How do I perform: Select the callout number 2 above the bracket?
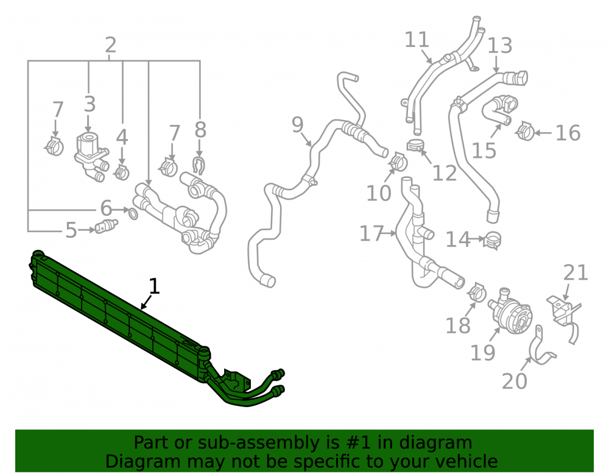(x=111, y=45)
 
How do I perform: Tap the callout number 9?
(x=297, y=125)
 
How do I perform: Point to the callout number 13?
(x=500, y=46)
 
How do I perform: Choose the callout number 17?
(x=371, y=233)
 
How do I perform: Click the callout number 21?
(x=576, y=272)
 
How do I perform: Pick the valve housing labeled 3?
(x=91, y=156)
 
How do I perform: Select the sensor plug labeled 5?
(x=106, y=226)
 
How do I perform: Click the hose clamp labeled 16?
(x=525, y=131)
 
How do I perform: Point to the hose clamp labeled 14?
(x=492, y=240)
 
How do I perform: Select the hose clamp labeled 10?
(x=398, y=162)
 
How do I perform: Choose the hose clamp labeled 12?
(x=416, y=145)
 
